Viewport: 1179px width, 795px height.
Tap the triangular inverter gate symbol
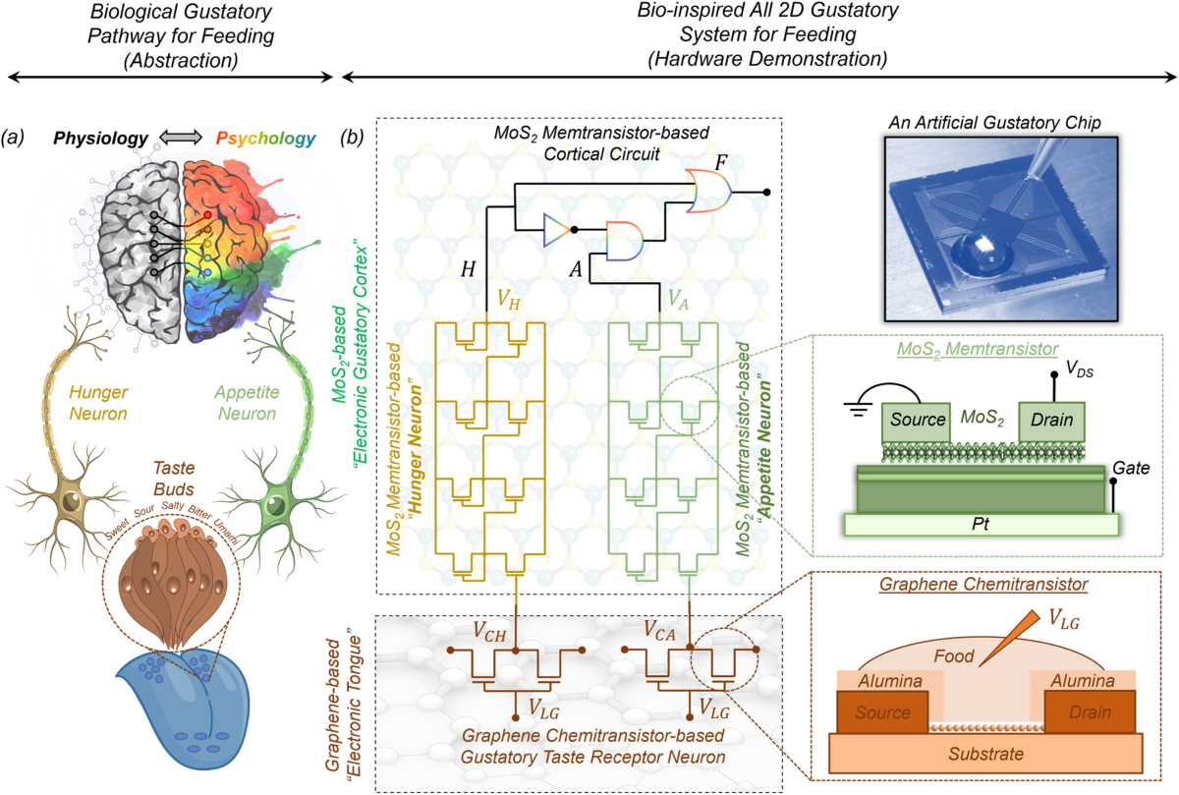556,229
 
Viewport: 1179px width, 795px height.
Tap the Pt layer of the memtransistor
980,524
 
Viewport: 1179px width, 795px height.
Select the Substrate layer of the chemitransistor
984,755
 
